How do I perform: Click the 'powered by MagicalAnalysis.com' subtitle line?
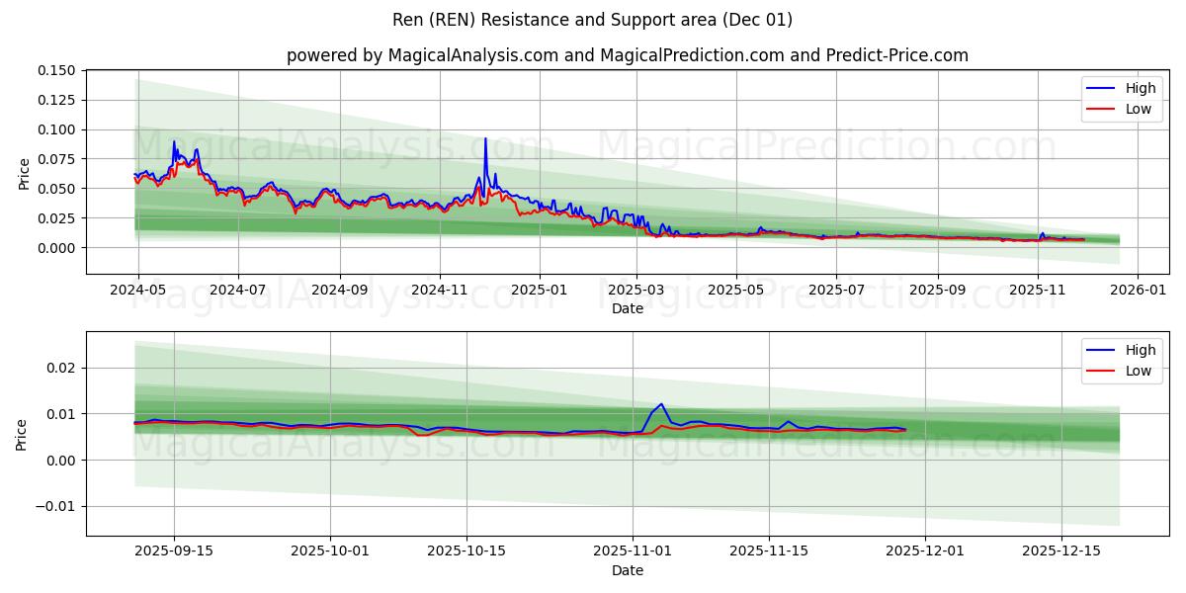click(627, 55)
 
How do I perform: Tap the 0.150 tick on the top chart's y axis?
click(55, 70)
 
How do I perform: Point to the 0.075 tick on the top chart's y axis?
click(55, 159)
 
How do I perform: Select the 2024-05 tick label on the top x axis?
click(137, 292)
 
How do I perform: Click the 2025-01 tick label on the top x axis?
click(540, 292)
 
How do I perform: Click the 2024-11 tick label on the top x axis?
click(439, 292)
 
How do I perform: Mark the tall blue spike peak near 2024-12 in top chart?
click(485, 138)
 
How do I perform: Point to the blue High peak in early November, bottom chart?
click(660, 403)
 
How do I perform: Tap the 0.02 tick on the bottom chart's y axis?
click(61, 368)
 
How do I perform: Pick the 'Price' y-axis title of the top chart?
click(25, 173)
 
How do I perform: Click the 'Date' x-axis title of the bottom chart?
click(627, 570)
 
